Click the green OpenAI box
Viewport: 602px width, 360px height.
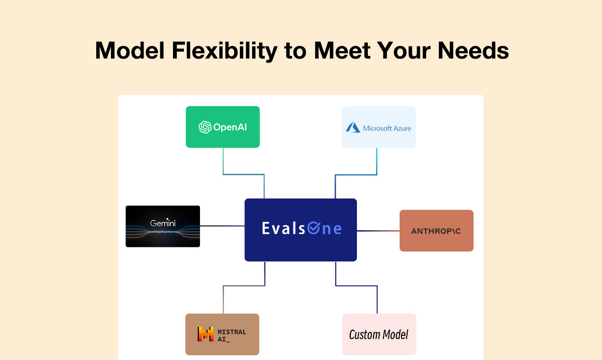pyautogui.click(x=222, y=126)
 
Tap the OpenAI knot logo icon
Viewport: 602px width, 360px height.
pyautogui.click(x=205, y=127)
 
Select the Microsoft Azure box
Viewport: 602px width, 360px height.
pyautogui.click(x=378, y=126)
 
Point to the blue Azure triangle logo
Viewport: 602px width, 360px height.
pyautogui.click(x=353, y=127)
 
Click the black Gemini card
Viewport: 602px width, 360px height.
pyautogui.click(x=163, y=226)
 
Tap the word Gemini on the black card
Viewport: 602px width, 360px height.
pyautogui.click(x=163, y=223)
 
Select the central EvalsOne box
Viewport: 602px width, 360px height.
pyautogui.click(x=301, y=230)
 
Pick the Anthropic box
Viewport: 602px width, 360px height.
pyautogui.click(x=436, y=231)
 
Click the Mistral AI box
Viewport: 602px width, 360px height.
pyautogui.click(x=222, y=334)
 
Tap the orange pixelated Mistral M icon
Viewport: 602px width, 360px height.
pyautogui.click(x=205, y=334)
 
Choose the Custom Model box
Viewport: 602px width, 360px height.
pyautogui.click(x=379, y=334)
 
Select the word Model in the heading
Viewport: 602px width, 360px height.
pyautogui.click(x=130, y=50)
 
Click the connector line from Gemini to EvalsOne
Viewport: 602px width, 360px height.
pyautogui.click(x=222, y=226)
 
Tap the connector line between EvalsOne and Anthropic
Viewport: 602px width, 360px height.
pyautogui.click(x=378, y=231)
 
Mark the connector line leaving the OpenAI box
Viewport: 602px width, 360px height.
pyautogui.click(x=223, y=161)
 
